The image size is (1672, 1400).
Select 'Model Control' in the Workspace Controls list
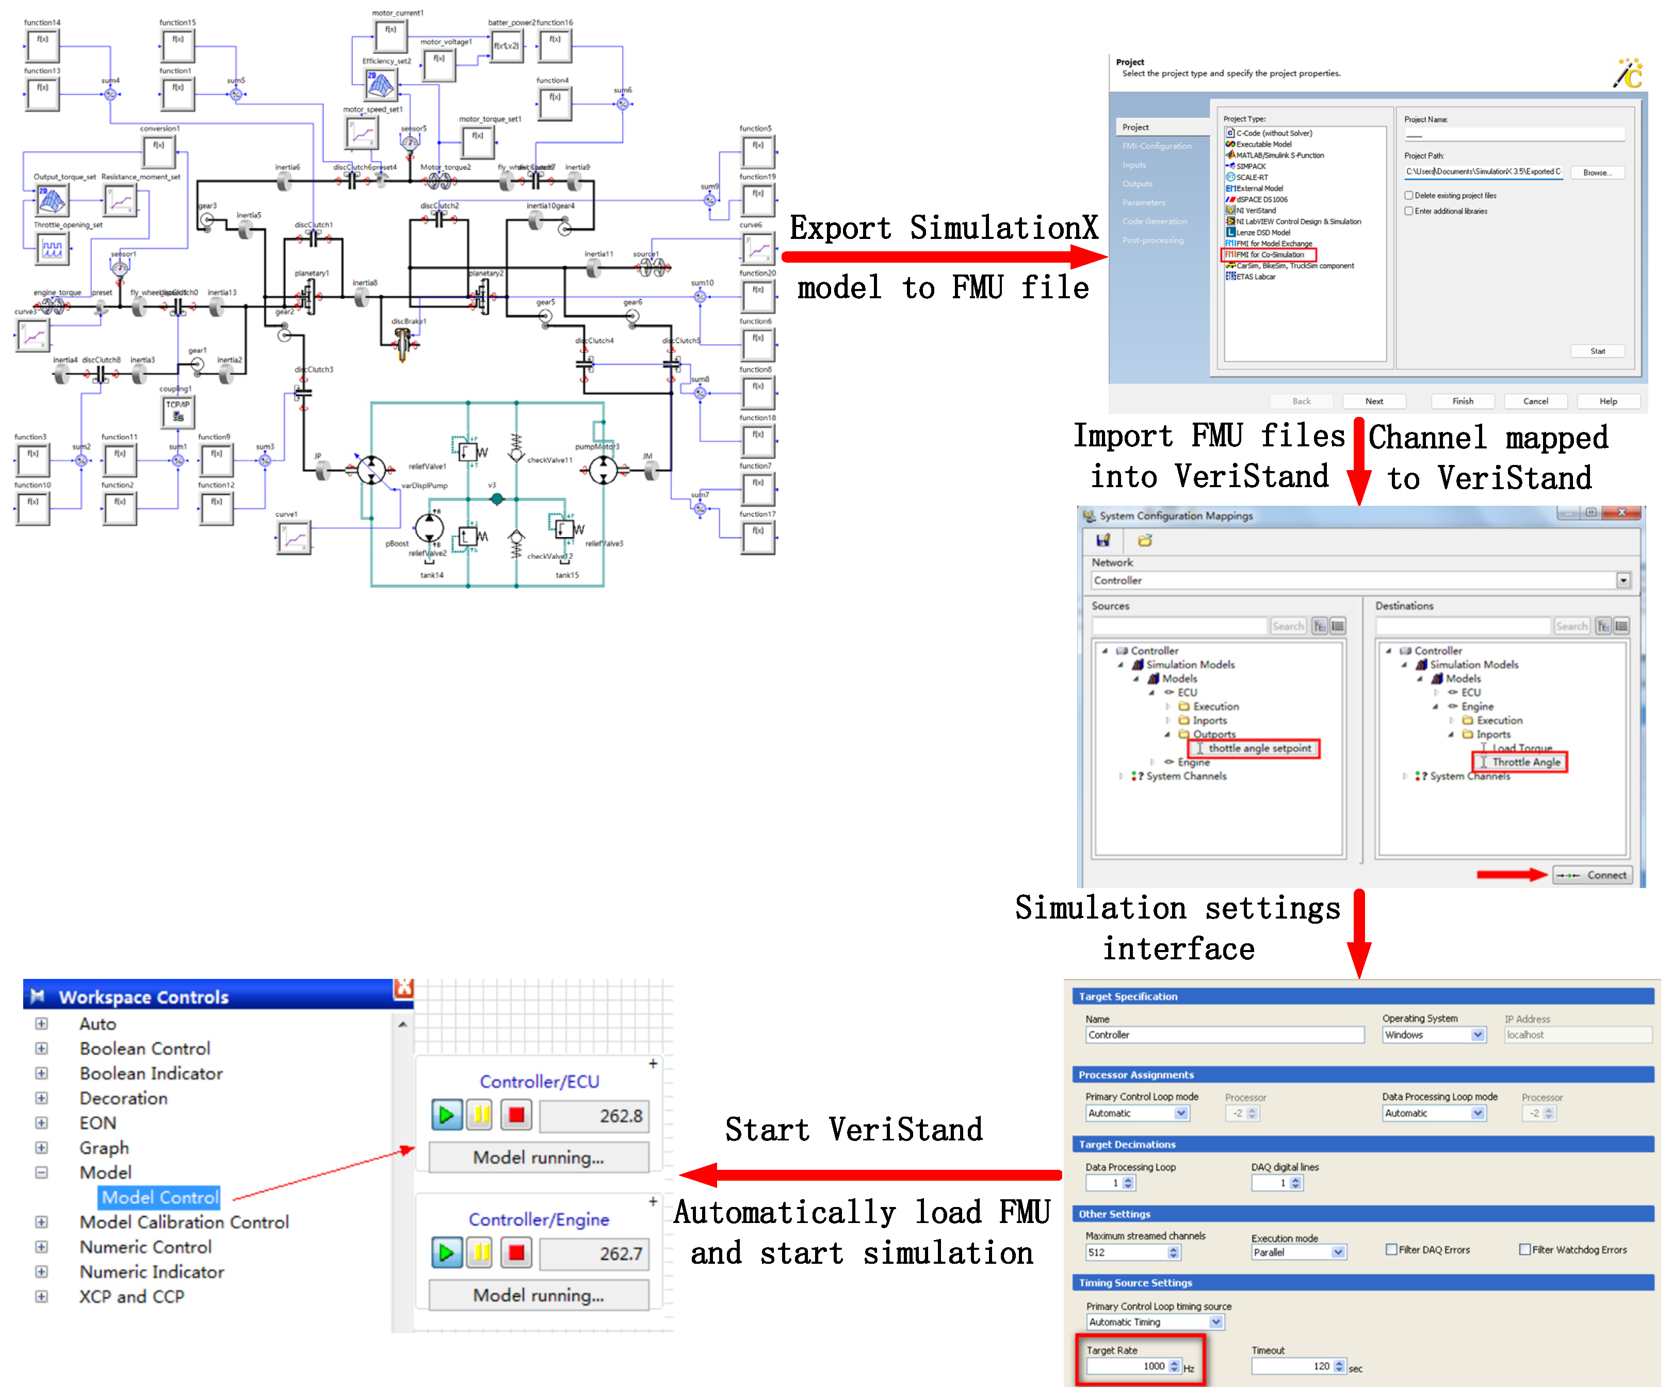pos(160,1197)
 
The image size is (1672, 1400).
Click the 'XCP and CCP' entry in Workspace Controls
pos(132,1296)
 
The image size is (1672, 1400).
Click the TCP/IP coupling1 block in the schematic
pos(177,411)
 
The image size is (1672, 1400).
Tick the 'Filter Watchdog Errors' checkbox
pos(1524,1249)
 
